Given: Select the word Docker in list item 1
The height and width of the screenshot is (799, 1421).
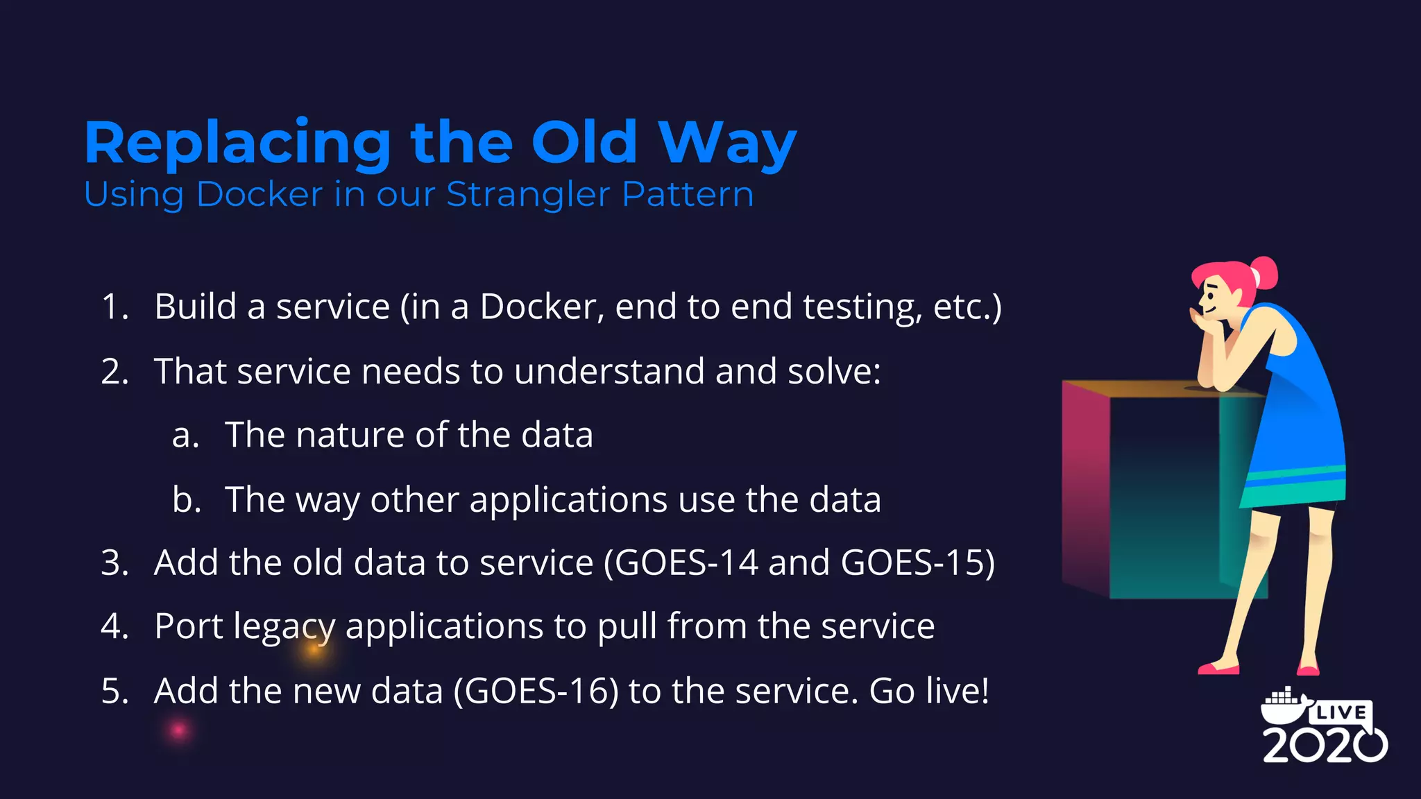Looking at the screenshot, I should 542,307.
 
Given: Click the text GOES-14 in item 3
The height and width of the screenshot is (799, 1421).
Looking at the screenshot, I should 687,562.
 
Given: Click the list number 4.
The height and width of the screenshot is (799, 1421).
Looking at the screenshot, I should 114,626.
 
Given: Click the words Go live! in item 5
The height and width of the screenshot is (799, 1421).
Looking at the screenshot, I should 928,691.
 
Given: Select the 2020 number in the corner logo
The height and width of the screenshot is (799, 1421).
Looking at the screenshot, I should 1324,745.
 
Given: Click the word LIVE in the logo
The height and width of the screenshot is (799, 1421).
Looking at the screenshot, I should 1341,712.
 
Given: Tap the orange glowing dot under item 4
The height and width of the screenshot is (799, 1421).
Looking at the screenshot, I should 314,650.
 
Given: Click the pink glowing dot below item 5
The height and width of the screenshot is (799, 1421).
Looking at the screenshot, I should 179,730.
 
